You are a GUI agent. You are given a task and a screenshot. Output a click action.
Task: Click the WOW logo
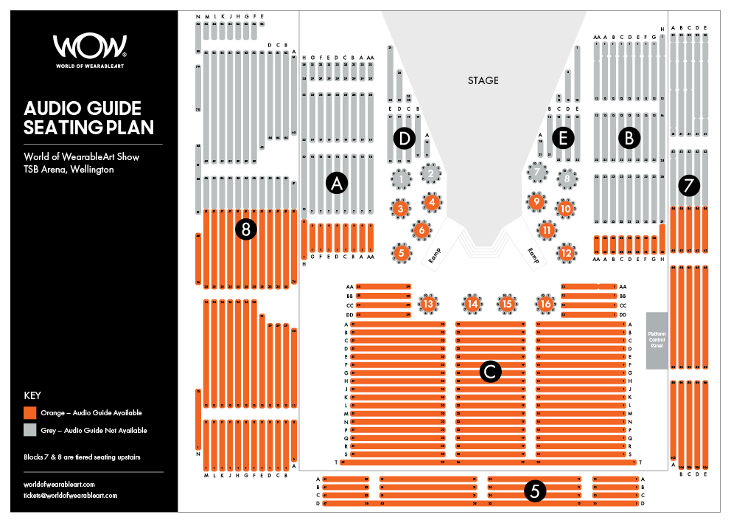pos(90,49)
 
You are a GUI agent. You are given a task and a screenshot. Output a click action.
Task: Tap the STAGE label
pos(483,80)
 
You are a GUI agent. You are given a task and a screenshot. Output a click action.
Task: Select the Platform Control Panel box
pos(657,340)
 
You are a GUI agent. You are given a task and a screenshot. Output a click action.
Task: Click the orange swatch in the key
pos(30,413)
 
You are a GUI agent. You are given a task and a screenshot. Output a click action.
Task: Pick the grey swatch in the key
pos(30,430)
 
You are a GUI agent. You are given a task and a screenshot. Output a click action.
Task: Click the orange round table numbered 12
pos(566,253)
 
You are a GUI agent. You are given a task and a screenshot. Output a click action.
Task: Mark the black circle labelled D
pos(403,138)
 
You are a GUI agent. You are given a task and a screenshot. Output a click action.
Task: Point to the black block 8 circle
pos(245,230)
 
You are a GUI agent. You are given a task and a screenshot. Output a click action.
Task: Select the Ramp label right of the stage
pos(532,253)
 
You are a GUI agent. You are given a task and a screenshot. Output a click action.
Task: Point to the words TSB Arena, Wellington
pos(69,170)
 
